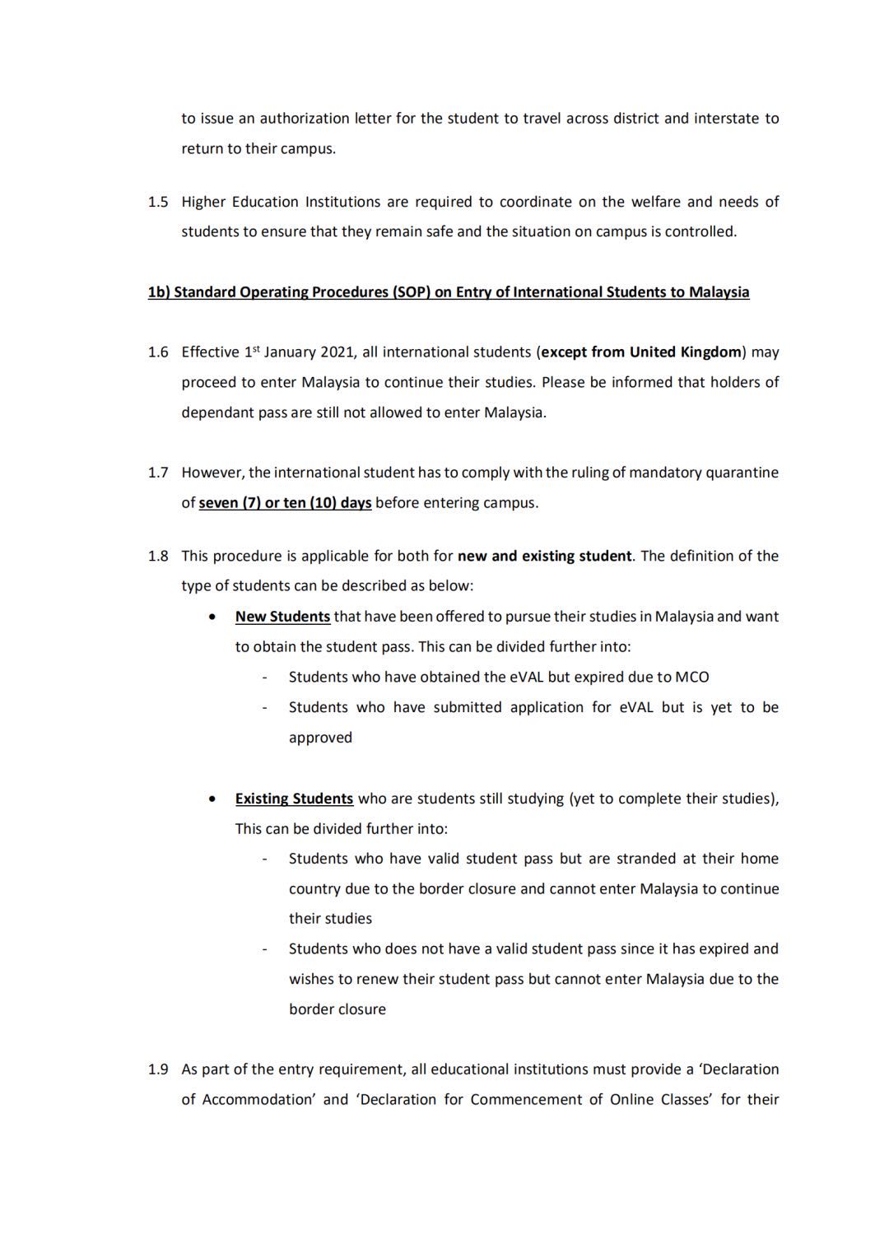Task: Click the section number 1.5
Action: click(x=157, y=202)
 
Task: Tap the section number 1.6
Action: click(x=157, y=352)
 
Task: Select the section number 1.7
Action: click(x=157, y=473)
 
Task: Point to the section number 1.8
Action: click(x=157, y=557)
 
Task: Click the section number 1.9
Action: click(x=157, y=1069)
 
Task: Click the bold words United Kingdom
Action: click(x=686, y=352)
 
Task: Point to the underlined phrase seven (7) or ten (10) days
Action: click(x=285, y=503)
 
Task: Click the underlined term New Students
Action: click(x=282, y=617)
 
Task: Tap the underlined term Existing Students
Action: click(x=294, y=799)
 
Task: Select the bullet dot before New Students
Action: click(x=214, y=617)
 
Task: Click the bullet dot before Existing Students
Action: click(x=214, y=799)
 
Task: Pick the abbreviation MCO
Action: click(x=691, y=678)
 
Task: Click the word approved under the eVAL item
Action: click(x=320, y=738)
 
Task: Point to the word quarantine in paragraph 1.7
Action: click(x=744, y=473)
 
